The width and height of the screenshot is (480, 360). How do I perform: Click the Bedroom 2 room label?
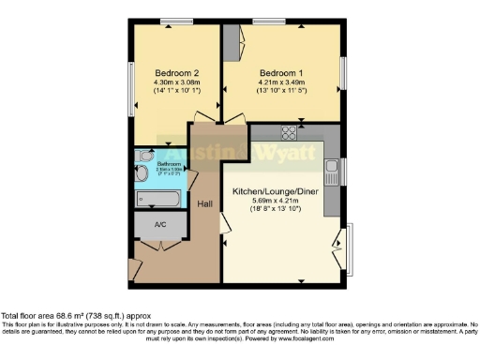point(174,72)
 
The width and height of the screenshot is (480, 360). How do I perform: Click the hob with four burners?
point(288,132)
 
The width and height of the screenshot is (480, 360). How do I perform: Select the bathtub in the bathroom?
point(157,199)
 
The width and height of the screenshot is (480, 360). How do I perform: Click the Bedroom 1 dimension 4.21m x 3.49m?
point(282,82)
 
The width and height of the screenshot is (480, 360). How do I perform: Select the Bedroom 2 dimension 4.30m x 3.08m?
point(174,82)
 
